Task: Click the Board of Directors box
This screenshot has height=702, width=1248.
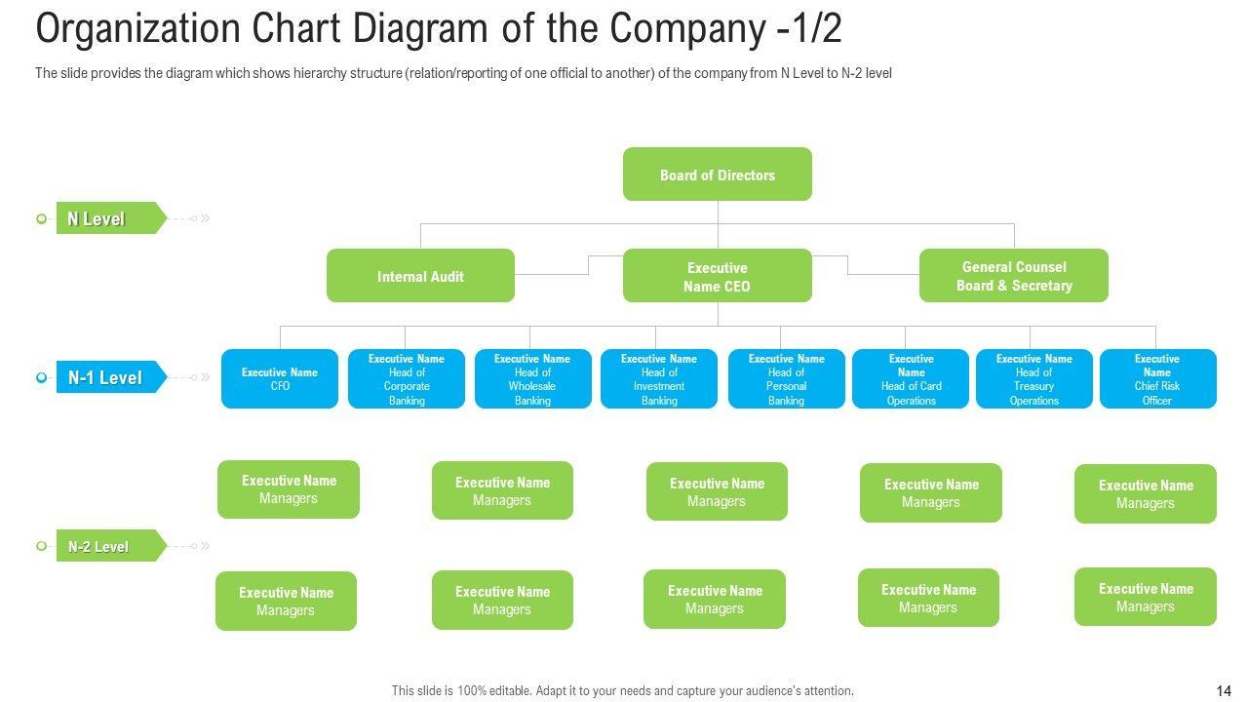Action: click(717, 175)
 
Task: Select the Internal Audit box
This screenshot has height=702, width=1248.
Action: click(420, 276)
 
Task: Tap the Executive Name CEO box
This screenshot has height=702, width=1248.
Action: click(717, 276)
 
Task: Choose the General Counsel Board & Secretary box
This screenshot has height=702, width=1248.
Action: click(1013, 276)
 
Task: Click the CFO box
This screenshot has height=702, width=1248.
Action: click(280, 378)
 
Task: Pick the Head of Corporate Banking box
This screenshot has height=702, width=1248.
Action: click(407, 378)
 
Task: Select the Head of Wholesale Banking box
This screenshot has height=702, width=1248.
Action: click(532, 378)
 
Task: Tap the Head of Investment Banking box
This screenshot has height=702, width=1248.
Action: click(659, 378)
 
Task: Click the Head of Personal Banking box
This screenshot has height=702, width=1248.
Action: click(786, 378)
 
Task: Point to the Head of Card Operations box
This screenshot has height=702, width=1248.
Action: click(911, 378)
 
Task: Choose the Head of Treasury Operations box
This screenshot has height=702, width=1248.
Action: click(1033, 378)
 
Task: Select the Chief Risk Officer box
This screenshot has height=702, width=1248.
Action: click(1157, 378)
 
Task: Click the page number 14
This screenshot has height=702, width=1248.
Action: click(1224, 690)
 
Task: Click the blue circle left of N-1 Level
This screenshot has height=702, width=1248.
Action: click(41, 377)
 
